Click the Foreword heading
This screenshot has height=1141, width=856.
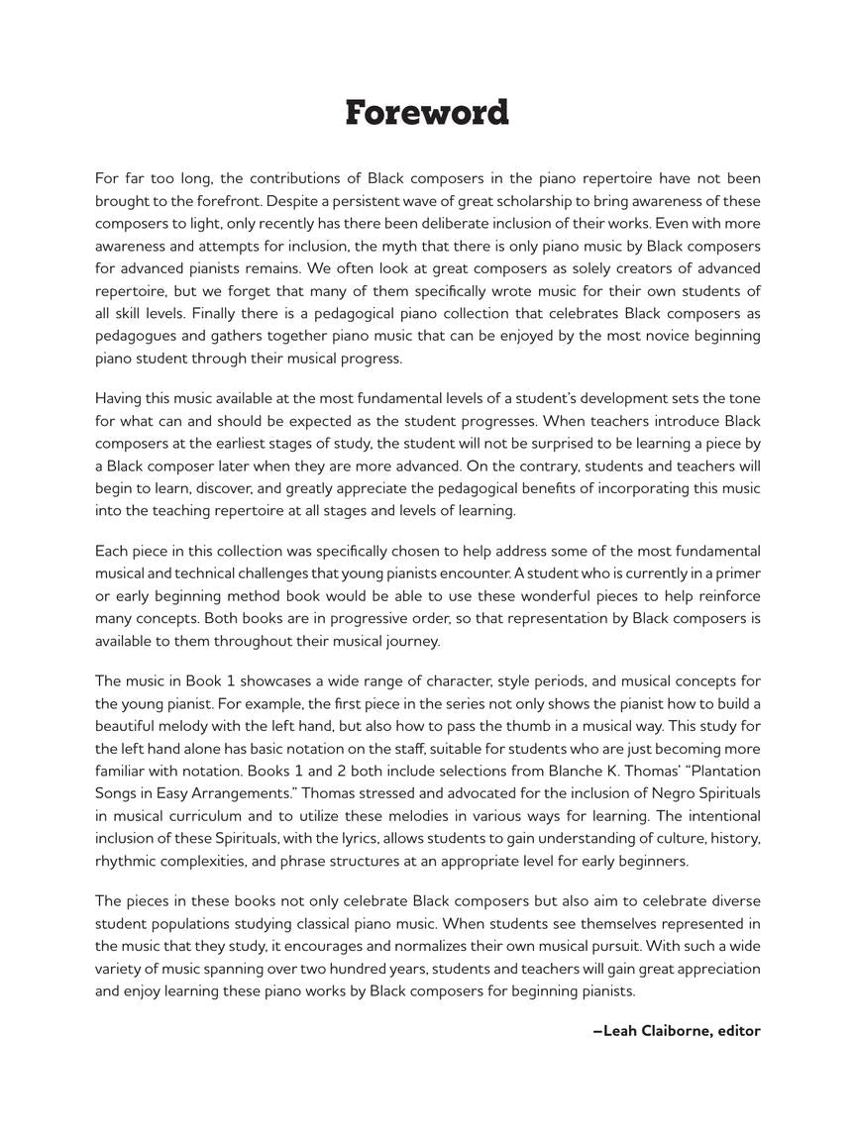point(427,113)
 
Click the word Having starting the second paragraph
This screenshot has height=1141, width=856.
point(120,398)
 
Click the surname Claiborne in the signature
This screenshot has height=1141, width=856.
point(676,1031)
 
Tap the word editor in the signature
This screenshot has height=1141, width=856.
point(739,1031)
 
